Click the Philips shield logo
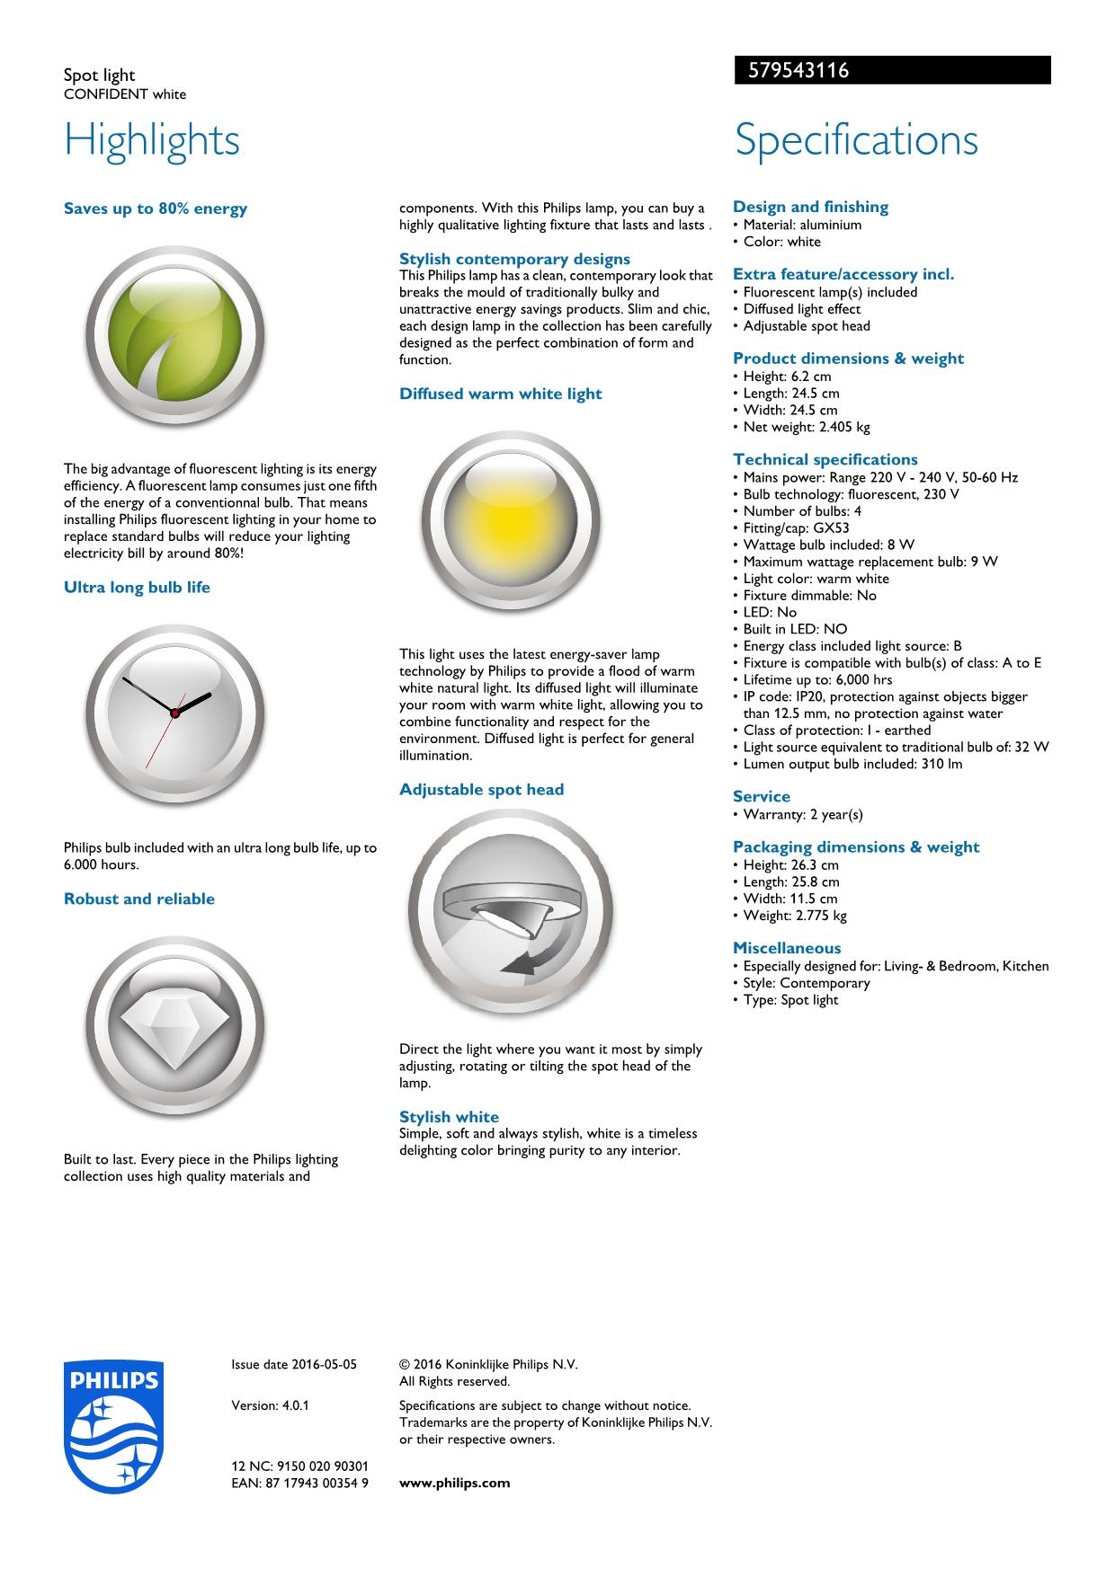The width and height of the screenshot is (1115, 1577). [113, 1425]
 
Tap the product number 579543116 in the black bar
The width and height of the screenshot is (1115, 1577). [792, 71]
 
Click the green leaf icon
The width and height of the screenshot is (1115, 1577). [174, 336]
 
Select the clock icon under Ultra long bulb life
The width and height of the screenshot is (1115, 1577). [174, 713]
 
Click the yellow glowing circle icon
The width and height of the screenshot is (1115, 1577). [510, 520]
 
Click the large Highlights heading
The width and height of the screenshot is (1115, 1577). [152, 140]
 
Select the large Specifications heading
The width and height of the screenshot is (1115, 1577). [856, 140]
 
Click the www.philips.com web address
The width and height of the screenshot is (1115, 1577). [454, 1483]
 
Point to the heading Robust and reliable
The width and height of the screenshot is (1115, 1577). [139, 899]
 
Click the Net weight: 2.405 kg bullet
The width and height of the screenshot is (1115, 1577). [807, 427]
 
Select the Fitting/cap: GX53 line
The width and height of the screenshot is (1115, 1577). [796, 528]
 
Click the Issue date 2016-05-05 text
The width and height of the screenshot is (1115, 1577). [294, 1364]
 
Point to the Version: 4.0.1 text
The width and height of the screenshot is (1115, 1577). [270, 1405]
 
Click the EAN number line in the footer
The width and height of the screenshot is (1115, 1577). [299, 1483]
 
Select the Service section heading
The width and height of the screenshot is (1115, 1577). [762, 796]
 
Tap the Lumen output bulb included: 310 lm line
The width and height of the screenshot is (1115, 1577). [852, 764]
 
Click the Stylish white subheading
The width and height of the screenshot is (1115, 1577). [449, 1117]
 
